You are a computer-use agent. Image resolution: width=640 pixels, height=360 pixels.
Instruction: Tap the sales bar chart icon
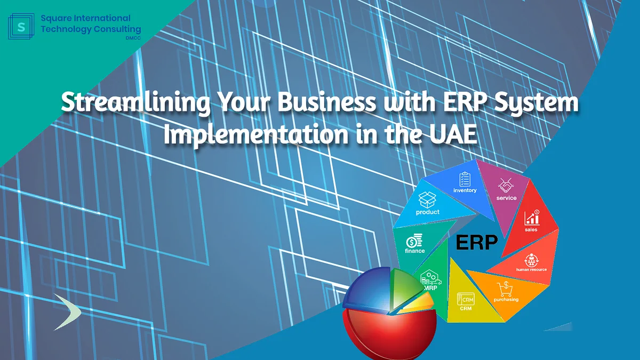(532, 217)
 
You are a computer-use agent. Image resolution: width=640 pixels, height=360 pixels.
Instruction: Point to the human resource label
(531, 269)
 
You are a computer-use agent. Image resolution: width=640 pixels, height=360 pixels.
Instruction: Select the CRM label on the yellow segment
(466, 308)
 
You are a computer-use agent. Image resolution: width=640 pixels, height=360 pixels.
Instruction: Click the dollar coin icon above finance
(414, 241)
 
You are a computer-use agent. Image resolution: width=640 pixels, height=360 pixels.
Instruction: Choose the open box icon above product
(427, 200)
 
